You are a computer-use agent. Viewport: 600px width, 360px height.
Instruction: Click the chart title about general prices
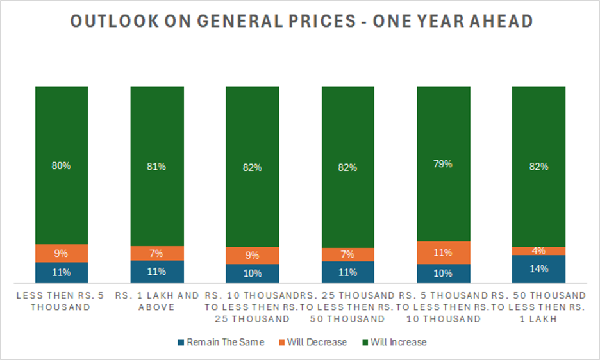[301, 22]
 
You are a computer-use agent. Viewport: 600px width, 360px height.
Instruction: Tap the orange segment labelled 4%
[538, 250]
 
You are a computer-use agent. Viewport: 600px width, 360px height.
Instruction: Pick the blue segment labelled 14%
[538, 269]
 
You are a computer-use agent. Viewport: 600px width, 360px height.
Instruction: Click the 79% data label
[443, 163]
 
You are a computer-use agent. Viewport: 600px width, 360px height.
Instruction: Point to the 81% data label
[156, 167]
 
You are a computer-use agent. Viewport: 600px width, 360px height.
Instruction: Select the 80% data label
[62, 165]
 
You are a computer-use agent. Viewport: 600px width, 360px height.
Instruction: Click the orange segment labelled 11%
[443, 252]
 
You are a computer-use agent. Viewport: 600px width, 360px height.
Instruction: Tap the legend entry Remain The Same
[225, 342]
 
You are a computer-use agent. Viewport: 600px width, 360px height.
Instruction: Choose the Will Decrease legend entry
[317, 342]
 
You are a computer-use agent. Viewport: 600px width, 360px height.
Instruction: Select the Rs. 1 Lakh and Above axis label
[156, 300]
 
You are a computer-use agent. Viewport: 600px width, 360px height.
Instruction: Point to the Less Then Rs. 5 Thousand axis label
[62, 300]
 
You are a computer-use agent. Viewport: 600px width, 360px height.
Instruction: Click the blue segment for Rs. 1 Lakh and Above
[156, 272]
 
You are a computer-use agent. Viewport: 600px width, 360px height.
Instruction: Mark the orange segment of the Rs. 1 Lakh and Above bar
[156, 253]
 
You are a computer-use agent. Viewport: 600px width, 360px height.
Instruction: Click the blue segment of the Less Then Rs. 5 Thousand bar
[62, 272]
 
